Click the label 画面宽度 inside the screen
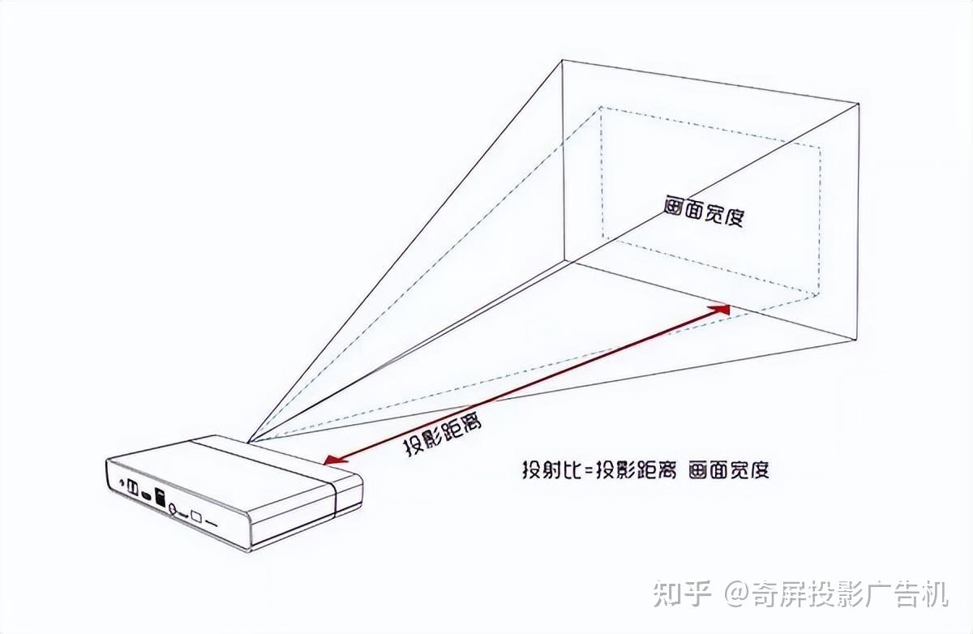(x=702, y=211)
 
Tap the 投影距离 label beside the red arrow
(x=439, y=434)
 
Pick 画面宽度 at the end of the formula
(x=728, y=470)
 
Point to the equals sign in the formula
(x=590, y=471)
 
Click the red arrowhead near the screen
(x=720, y=308)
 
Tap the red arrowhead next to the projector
(x=331, y=460)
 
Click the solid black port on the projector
(x=159, y=498)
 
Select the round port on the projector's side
(x=174, y=510)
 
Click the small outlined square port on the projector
(x=195, y=514)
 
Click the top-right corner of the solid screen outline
(x=858, y=103)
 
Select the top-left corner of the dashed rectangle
(x=601, y=107)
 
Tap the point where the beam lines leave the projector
(x=250, y=442)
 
